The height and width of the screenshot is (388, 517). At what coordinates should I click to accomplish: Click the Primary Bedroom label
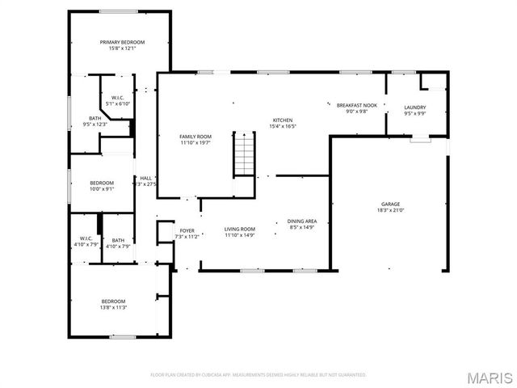122,42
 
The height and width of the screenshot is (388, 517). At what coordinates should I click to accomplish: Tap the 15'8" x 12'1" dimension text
122,48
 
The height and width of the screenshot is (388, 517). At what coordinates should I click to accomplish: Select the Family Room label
195,137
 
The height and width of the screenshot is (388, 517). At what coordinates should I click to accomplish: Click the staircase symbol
244,154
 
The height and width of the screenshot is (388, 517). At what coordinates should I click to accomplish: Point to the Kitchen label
282,120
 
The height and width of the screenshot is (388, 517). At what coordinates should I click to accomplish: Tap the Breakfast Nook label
356,105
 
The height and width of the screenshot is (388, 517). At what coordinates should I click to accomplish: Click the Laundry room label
414,108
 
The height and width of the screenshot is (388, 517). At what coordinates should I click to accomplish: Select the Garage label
390,204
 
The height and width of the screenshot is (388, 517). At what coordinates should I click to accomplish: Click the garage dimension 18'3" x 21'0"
390,210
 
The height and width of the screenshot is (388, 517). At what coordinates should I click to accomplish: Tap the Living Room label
239,229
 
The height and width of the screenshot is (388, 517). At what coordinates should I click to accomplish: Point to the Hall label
145,178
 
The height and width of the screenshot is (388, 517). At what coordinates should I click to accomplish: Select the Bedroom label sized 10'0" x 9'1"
102,183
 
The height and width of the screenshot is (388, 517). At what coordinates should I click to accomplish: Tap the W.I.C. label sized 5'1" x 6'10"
117,98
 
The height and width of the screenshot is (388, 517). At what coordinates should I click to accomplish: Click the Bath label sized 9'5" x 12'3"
95,118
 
